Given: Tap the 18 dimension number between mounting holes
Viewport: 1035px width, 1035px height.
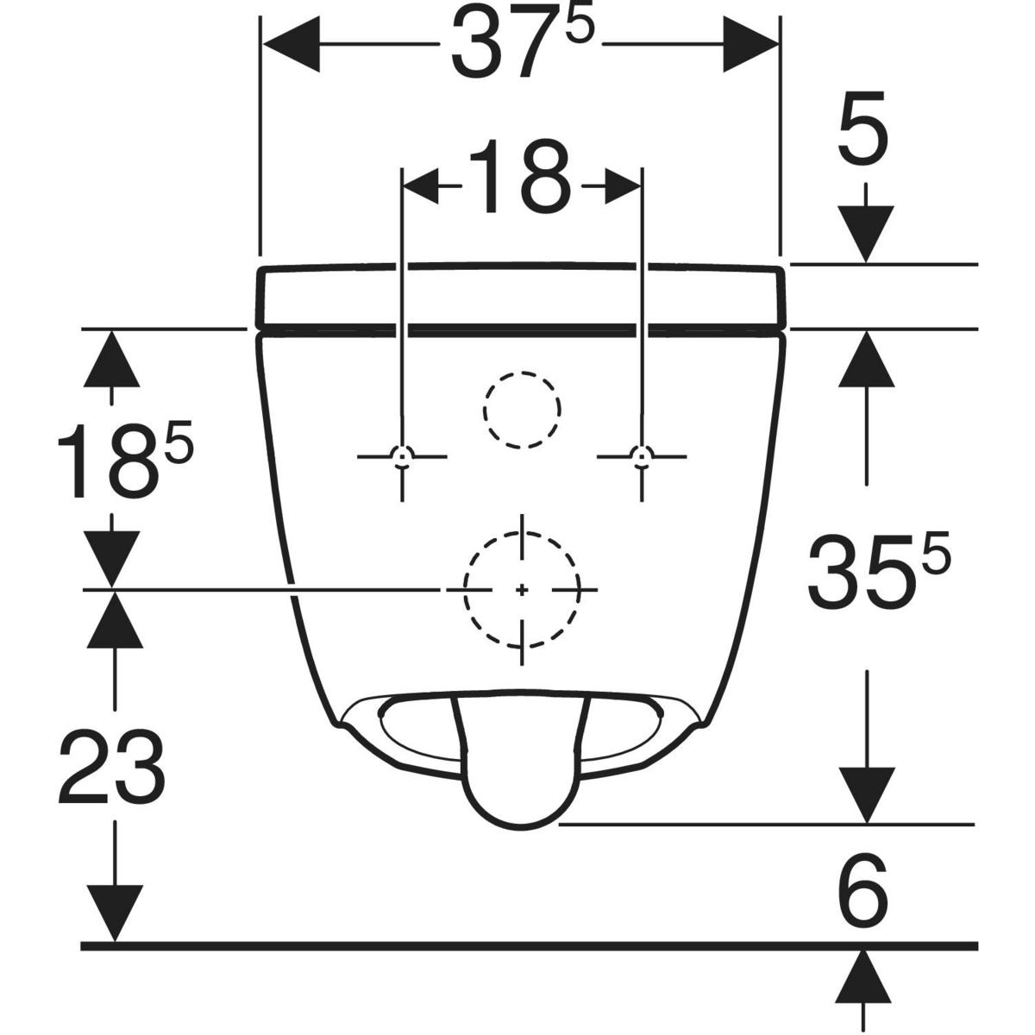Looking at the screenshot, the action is coord(519,176).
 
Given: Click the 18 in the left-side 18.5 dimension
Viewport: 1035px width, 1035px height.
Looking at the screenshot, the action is coord(108,462).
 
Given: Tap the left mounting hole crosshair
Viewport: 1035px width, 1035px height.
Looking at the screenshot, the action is coord(402,456).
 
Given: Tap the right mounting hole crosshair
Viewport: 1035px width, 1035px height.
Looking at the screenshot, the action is coord(642,456).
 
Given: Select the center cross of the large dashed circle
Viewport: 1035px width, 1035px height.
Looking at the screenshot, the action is coord(522,590).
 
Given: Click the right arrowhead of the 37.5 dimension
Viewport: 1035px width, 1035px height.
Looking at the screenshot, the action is coord(750,44).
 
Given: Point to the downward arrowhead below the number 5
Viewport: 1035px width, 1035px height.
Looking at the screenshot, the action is coord(866,235).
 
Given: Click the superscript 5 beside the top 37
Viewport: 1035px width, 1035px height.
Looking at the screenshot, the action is coord(580,26).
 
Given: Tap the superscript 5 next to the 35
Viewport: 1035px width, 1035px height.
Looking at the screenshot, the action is coord(935,552).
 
